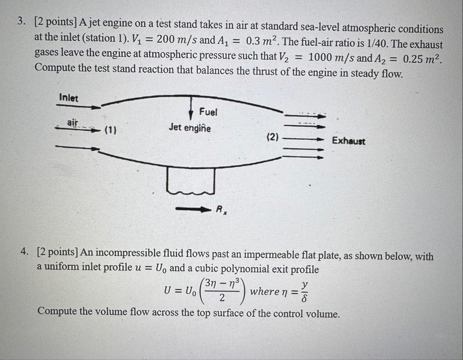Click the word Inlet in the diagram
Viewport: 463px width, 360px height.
point(68,98)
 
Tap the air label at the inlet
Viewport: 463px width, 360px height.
point(72,122)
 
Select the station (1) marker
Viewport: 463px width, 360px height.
point(110,130)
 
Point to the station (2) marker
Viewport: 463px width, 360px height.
point(273,137)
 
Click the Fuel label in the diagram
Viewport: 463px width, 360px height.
point(208,112)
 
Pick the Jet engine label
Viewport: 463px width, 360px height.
point(190,128)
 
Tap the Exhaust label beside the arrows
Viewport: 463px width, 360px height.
point(349,141)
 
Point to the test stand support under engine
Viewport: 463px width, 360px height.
point(191,181)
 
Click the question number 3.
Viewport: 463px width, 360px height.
point(22,22)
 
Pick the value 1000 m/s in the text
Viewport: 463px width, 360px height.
point(331,58)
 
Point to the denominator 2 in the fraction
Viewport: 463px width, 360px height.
point(222,298)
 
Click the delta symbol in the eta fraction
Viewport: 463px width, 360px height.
point(304,298)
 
